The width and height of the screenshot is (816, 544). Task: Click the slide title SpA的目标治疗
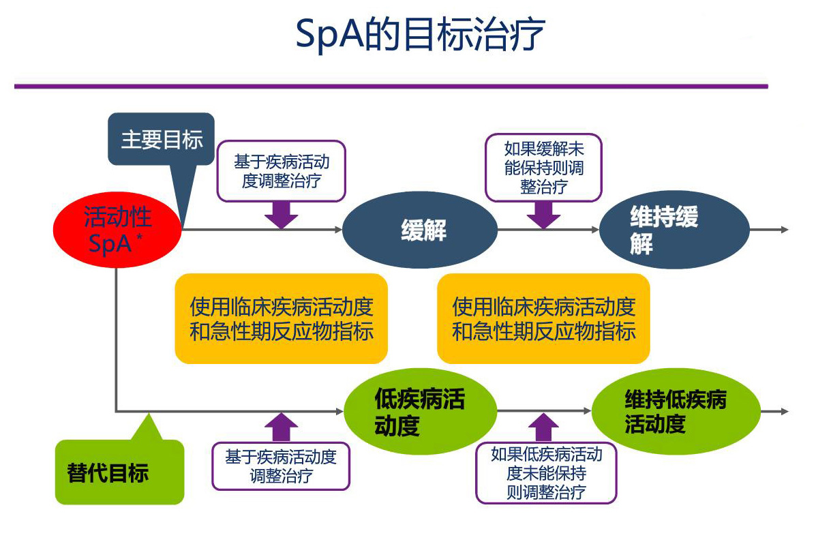[420, 34]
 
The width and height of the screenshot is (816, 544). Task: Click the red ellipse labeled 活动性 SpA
[117, 230]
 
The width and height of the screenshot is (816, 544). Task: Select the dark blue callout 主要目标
[161, 140]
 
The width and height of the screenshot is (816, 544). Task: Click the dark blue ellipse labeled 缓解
[423, 230]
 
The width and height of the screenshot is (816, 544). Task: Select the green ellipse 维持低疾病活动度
[675, 411]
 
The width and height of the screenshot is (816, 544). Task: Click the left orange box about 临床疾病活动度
[281, 318]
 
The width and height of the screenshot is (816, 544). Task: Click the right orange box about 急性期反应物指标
[543, 318]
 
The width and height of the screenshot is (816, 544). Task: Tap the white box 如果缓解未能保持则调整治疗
[543, 167]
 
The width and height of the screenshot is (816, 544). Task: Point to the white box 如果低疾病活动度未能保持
[546, 472]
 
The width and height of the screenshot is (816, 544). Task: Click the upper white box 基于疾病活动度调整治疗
[281, 171]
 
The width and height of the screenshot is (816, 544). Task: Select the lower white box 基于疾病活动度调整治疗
[281, 466]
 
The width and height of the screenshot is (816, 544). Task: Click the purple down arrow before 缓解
[281, 215]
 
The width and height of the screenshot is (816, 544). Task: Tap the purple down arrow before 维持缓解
[543, 215]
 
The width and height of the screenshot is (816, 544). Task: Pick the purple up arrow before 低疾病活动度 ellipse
[281, 427]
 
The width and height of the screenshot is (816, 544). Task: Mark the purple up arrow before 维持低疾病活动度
[543, 428]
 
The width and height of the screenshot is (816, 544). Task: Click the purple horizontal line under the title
[391, 87]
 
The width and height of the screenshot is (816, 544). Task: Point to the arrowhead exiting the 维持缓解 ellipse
[785, 230]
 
